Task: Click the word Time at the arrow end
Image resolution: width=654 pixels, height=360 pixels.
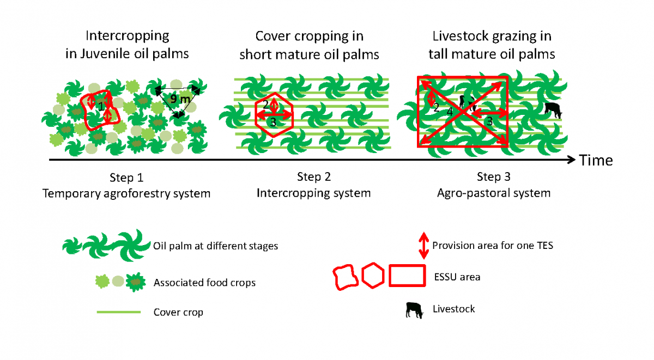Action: pos(596,160)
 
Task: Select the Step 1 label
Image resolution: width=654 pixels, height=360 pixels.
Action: pos(126,177)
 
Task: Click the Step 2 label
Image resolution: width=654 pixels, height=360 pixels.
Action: pos(313,177)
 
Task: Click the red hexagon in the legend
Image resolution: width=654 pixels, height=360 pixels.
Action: pos(373,276)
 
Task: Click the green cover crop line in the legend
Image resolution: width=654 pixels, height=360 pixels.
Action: pos(118,312)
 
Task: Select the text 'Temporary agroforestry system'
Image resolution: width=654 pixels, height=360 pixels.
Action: pos(126,193)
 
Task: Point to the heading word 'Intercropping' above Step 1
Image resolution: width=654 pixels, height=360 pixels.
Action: pos(128,36)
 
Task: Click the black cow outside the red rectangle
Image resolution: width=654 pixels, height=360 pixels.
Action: pos(553,110)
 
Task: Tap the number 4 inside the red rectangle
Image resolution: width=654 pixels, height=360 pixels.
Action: pos(450,111)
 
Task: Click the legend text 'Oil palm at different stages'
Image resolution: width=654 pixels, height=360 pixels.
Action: pos(216,246)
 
